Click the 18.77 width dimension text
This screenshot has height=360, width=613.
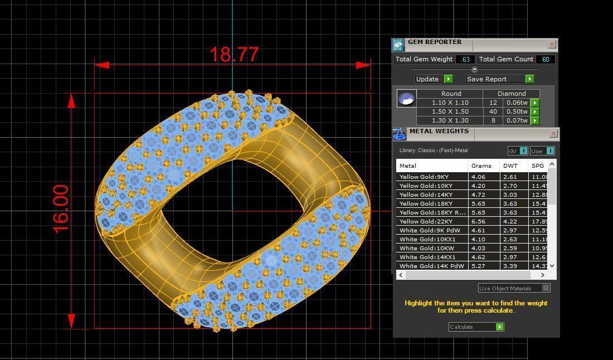point(234,55)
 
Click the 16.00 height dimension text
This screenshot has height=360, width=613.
point(61,208)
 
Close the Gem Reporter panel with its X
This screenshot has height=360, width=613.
point(552,44)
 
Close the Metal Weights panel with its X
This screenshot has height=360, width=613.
point(553,133)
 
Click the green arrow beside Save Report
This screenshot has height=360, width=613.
point(529,79)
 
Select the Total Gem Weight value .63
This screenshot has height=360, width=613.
point(465,59)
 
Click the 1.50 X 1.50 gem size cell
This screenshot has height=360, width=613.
point(450,111)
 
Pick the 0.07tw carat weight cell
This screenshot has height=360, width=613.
point(517,120)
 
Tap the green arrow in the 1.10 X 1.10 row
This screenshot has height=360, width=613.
point(534,103)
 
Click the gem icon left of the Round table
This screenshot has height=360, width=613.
point(406,99)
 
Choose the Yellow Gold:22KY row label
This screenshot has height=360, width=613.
point(426,221)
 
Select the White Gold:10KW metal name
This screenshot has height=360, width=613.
point(426,248)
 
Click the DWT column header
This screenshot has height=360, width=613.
point(510,166)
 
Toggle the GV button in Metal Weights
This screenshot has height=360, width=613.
point(517,151)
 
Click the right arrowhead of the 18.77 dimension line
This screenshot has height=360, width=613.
point(363,65)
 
